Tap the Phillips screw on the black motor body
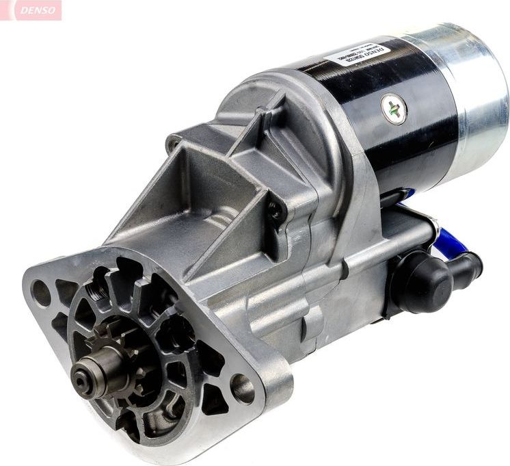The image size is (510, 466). (394, 109)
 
